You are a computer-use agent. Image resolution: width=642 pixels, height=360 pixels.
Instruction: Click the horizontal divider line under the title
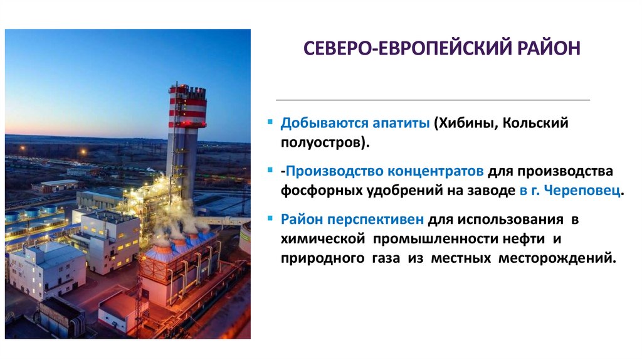433,100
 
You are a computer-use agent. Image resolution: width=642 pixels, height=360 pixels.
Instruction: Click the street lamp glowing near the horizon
82,151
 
